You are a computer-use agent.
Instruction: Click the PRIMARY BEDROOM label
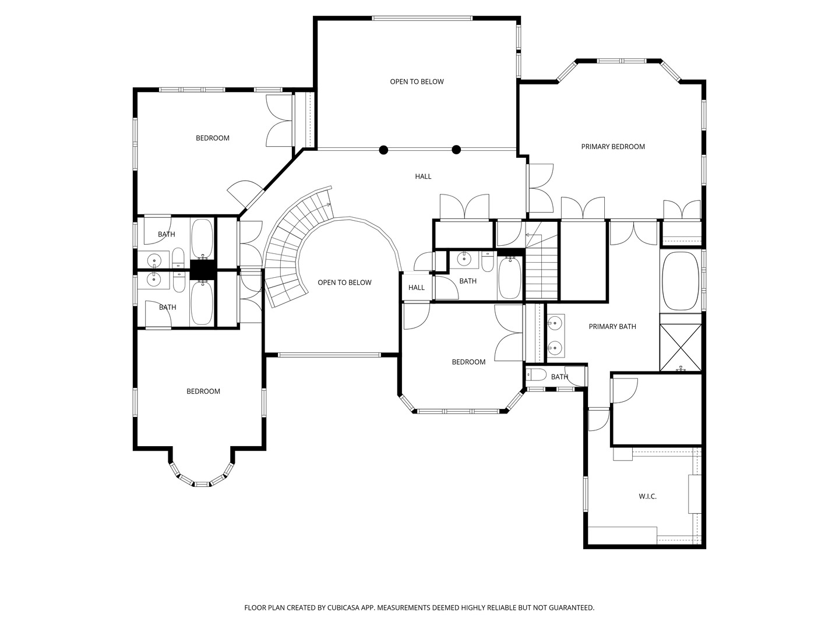pyautogui.click(x=613, y=147)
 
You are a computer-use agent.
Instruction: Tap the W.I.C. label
pyautogui.click(x=647, y=496)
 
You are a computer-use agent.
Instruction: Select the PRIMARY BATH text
pyautogui.click(x=612, y=327)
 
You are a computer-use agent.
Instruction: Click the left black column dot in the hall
pyautogui.click(x=383, y=150)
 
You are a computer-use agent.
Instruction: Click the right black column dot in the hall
pyautogui.click(x=456, y=150)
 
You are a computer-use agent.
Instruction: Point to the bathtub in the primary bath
pyautogui.click(x=681, y=281)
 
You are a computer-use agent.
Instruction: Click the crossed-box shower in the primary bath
pyautogui.click(x=681, y=348)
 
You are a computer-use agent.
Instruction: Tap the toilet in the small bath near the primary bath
pyautogui.click(x=536, y=376)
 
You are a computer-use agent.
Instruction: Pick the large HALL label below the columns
pyautogui.click(x=423, y=176)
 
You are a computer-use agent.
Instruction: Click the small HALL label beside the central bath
pyautogui.click(x=416, y=288)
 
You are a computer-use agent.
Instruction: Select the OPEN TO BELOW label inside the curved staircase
pyautogui.click(x=344, y=282)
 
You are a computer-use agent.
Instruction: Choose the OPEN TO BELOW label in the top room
pyautogui.click(x=417, y=82)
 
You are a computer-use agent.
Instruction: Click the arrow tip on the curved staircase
pyautogui.click(x=330, y=204)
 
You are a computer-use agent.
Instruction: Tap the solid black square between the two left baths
pyautogui.click(x=202, y=270)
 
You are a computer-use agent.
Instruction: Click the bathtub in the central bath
pyautogui.click(x=510, y=278)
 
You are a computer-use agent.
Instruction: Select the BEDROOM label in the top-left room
pyautogui.click(x=213, y=138)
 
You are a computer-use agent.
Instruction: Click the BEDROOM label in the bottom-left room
pyautogui.click(x=203, y=391)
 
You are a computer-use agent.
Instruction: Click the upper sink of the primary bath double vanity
pyautogui.click(x=554, y=324)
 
